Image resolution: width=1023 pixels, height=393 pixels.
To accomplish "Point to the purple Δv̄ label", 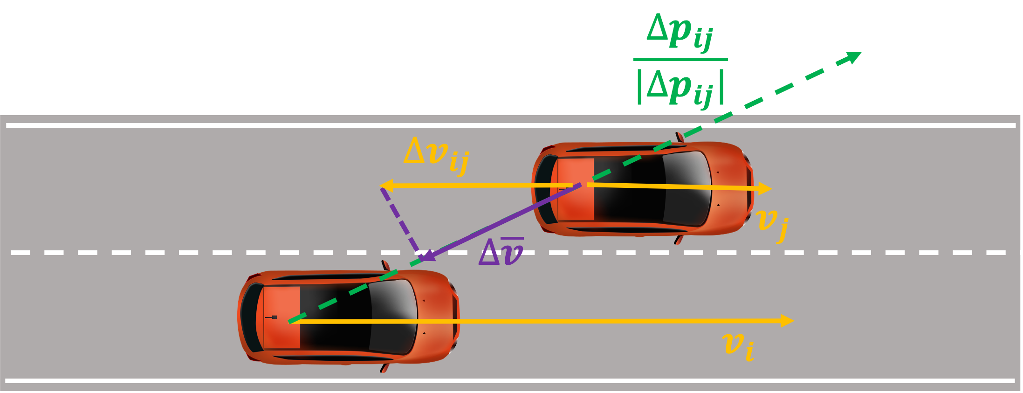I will click(x=501, y=251).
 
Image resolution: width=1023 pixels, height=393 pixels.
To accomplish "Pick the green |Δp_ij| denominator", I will click(x=680, y=88).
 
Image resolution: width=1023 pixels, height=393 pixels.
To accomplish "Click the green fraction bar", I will click(x=680, y=60).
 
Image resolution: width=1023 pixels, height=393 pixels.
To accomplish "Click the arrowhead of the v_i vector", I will click(x=787, y=321).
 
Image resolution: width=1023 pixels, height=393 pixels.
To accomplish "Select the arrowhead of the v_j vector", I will click(x=765, y=188).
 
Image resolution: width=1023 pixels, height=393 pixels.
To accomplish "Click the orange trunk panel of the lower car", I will click(x=281, y=317).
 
